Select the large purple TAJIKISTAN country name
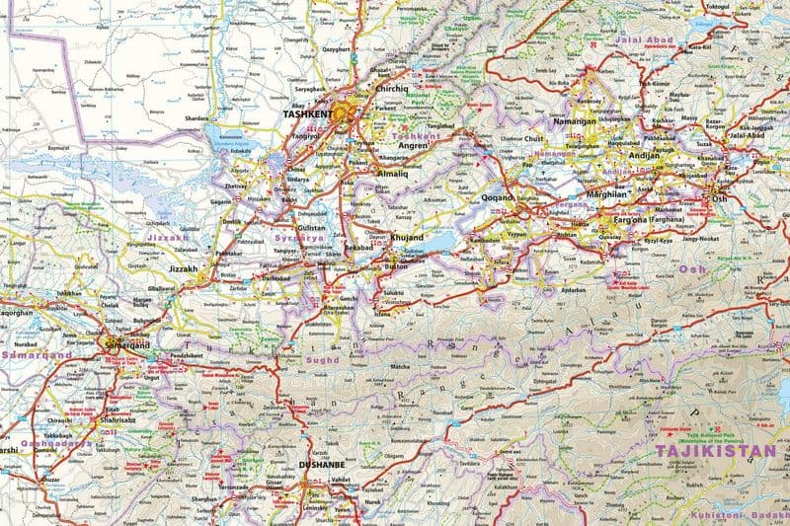[x=715, y=452]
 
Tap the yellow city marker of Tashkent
[x=342, y=113]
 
